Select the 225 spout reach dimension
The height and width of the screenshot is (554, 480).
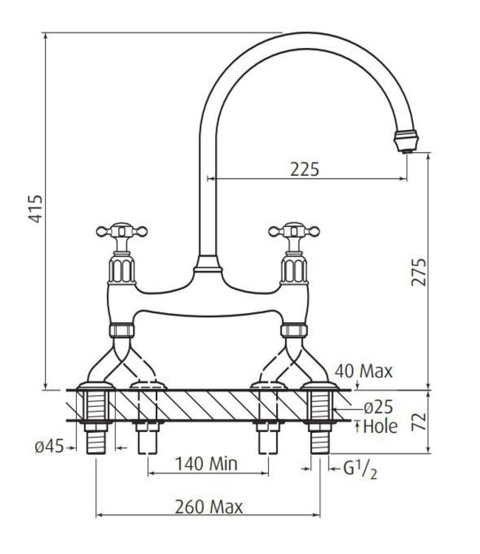click(305, 168)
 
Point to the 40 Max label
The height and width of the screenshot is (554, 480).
click(363, 370)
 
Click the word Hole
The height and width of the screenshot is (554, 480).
click(380, 425)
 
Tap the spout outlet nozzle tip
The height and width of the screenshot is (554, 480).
click(407, 140)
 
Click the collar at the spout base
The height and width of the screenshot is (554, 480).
click(206, 267)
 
